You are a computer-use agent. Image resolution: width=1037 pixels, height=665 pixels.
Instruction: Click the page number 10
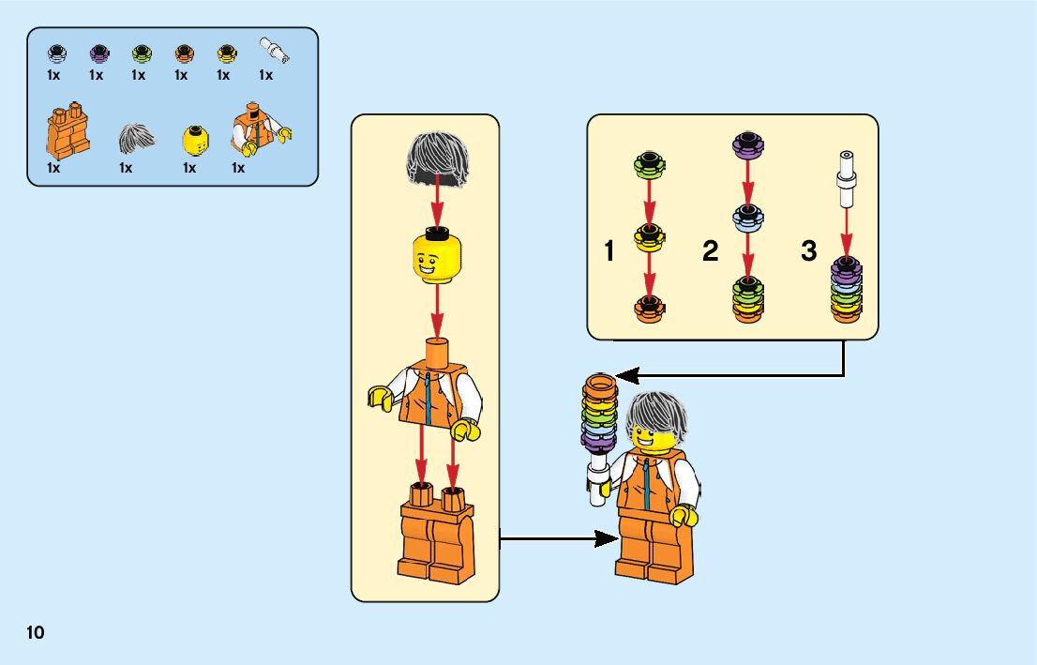(36, 632)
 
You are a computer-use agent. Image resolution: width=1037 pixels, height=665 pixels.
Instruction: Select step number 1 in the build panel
(609, 251)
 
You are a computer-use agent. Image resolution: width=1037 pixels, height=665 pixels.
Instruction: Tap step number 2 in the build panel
(710, 251)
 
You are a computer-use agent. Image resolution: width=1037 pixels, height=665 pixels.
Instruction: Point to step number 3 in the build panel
(809, 251)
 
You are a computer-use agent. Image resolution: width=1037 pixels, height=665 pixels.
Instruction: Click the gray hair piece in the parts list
(137, 139)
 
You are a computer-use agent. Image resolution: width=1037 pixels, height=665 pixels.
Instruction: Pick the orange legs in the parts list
(66, 133)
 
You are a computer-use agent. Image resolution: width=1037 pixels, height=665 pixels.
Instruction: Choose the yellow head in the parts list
(195, 141)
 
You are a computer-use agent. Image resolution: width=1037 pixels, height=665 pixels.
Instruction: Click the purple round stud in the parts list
(97, 53)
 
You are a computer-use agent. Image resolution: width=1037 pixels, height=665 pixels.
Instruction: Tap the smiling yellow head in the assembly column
(433, 256)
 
